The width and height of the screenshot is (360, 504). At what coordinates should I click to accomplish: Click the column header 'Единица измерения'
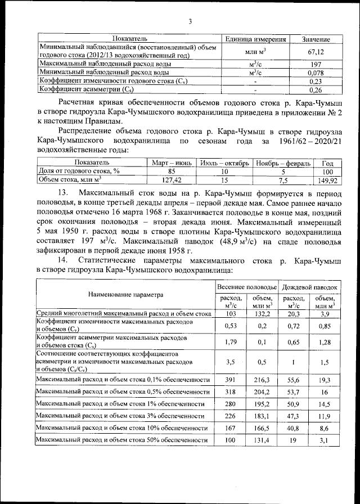coord(256,39)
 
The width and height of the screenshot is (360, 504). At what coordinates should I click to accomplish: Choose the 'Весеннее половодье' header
coord(247,287)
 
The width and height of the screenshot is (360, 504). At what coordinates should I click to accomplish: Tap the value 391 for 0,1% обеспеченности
coord(229,380)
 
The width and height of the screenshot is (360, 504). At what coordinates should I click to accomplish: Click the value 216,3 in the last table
coord(263,380)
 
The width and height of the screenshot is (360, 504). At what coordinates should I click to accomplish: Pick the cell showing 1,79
coord(229,341)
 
